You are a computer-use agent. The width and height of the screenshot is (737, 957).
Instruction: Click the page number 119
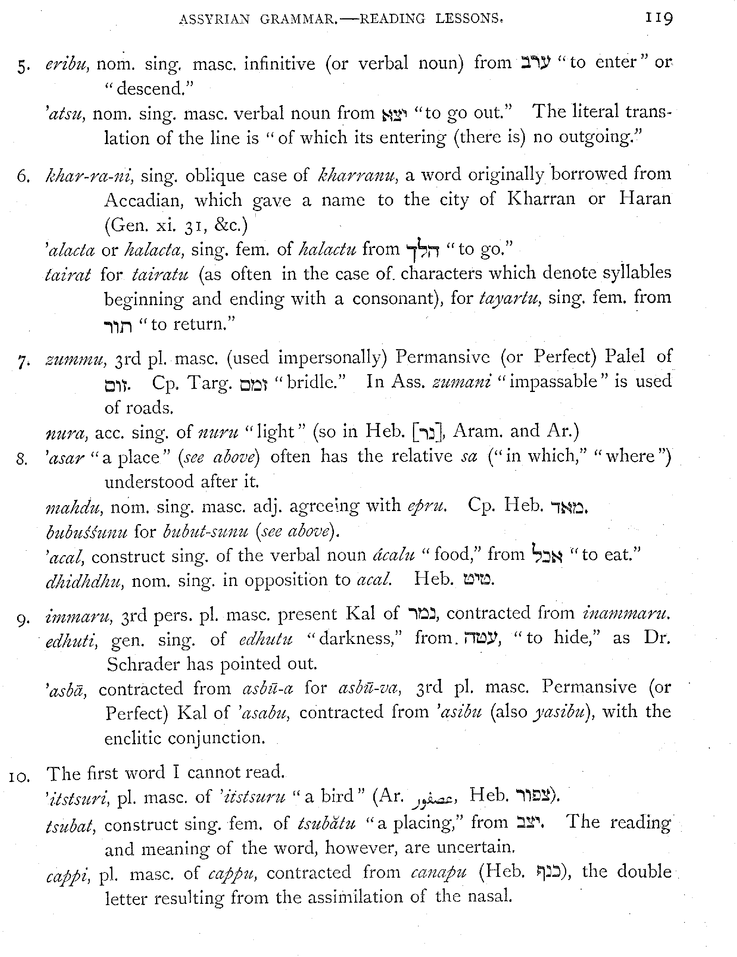pos(658,18)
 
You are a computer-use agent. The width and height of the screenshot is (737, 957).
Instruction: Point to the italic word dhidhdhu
pos(83,581)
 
